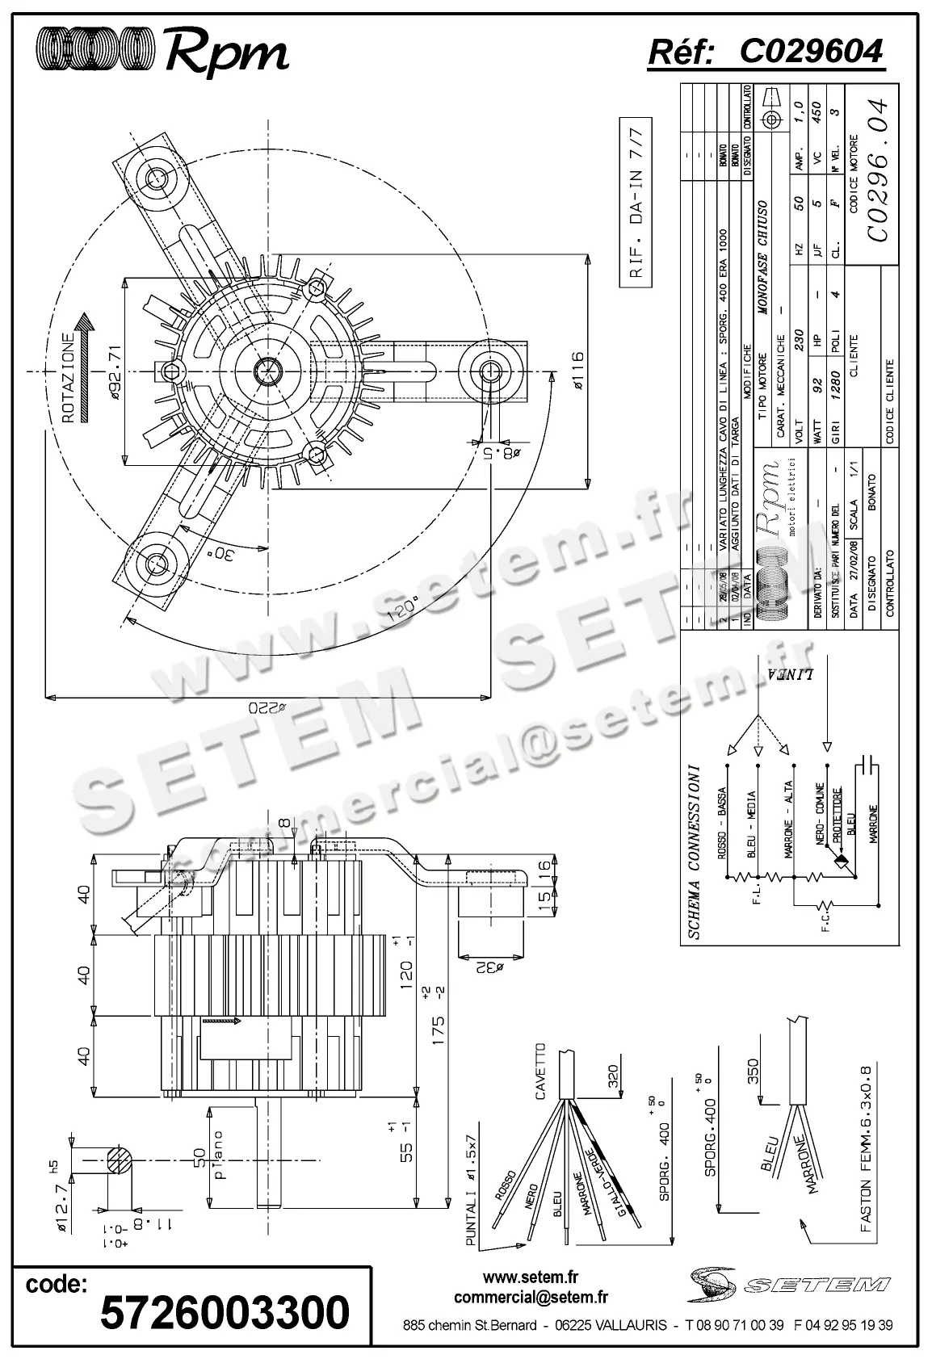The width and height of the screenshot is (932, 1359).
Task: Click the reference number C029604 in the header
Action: [x=811, y=52]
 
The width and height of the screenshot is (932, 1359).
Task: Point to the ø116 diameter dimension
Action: [x=577, y=372]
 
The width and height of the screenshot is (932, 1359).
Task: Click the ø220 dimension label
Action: [x=267, y=707]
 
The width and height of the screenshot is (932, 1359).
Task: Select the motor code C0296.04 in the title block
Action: [x=879, y=170]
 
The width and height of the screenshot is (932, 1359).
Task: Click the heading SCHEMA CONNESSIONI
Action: [x=695, y=852]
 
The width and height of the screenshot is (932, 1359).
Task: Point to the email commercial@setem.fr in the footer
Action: [x=531, y=1298]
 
